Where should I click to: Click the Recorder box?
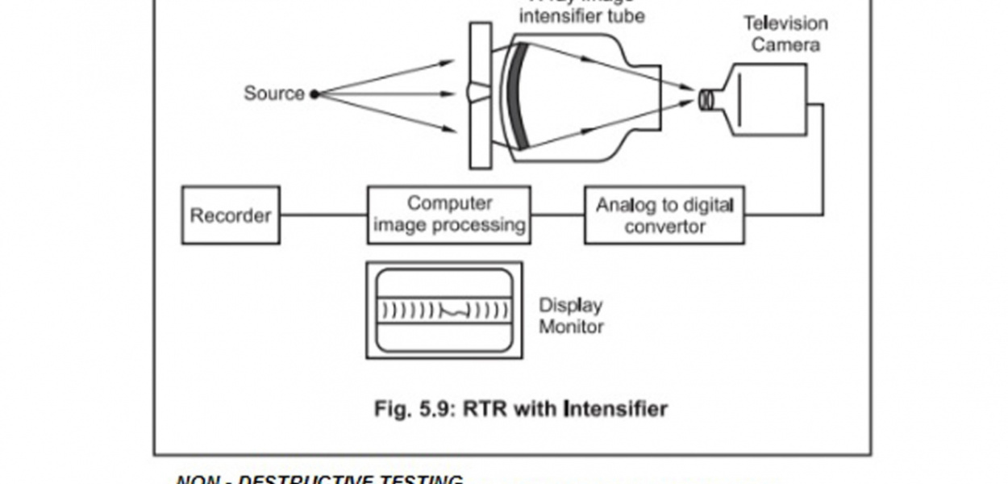tap(231, 215)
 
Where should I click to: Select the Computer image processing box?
tap(449, 215)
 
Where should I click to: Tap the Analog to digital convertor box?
tap(664, 215)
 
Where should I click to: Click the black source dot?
tap(314, 94)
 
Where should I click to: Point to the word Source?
tap(274, 94)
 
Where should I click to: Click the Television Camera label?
tap(785, 34)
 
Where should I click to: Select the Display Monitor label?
tap(571, 316)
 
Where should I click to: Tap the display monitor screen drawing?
tap(444, 310)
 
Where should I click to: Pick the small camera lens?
tap(706, 99)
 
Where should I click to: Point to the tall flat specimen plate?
tap(480, 95)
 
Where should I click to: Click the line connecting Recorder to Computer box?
tap(323, 215)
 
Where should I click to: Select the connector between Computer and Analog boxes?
tap(557, 215)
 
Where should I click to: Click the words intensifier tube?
tap(582, 15)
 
